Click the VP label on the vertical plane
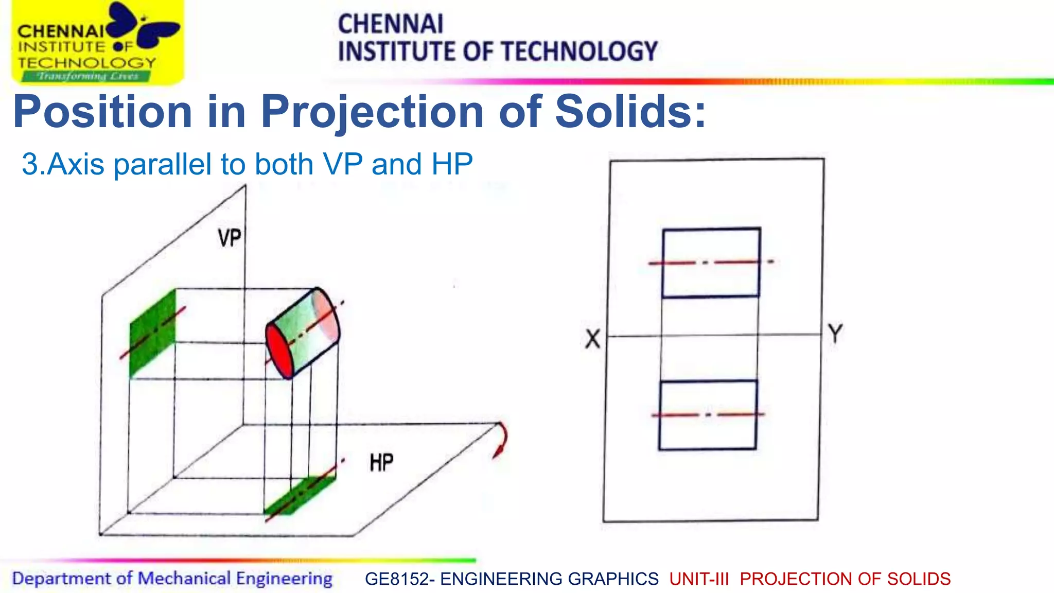pyautogui.click(x=230, y=238)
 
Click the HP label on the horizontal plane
pyautogui.click(x=381, y=462)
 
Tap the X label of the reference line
pyautogui.click(x=593, y=339)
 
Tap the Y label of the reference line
pyautogui.click(x=835, y=334)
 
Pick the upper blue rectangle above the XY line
pyautogui.click(x=711, y=263)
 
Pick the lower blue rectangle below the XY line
pyautogui.click(x=708, y=415)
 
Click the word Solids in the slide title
pyautogui.click(x=630, y=112)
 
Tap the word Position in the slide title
pyautogui.click(x=103, y=112)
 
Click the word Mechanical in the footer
pyautogui.click(x=184, y=579)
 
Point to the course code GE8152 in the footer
pyautogui.click(x=396, y=579)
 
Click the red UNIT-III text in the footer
pyautogui.click(x=699, y=579)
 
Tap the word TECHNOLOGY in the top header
pyautogui.click(x=579, y=51)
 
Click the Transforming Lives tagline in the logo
pyautogui.click(x=87, y=77)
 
